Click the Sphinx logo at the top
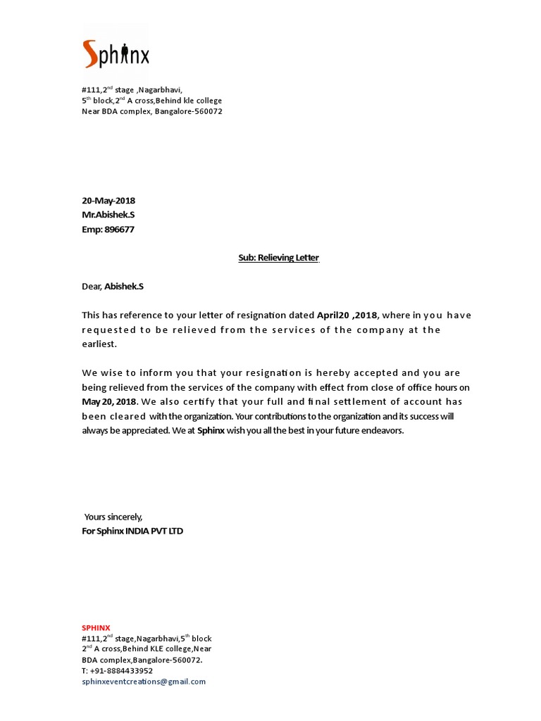coord(116,54)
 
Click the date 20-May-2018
coord(108,201)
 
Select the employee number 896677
coord(120,229)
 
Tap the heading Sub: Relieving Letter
coord(278,258)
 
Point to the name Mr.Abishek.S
coord(108,215)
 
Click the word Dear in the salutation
coord(92,287)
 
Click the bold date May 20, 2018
coord(109,402)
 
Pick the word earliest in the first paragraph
coord(99,344)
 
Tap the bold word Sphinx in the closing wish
coord(211,430)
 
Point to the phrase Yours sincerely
coord(113,517)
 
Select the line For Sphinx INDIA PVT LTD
coord(132,531)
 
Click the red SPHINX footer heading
coord(96,627)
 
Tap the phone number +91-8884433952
coord(122,671)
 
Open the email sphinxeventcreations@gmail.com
coord(144,682)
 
